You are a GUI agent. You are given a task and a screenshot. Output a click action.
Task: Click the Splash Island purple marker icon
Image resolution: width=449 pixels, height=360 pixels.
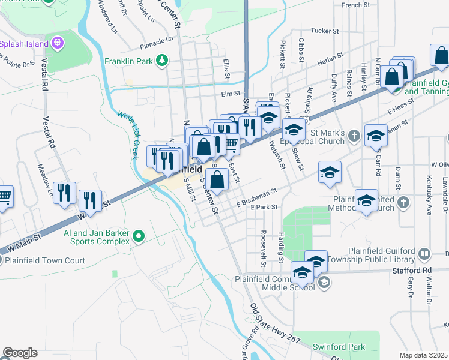coord(58,43)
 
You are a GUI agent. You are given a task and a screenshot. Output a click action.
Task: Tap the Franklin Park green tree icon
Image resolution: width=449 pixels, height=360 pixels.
coord(161,60)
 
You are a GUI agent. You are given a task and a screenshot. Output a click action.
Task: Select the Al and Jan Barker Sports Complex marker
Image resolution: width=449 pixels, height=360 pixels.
coord(139,236)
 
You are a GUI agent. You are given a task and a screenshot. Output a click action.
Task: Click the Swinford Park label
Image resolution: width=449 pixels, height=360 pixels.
coord(339,347)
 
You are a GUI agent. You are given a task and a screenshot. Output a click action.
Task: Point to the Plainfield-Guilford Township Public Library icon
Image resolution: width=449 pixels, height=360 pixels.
coord(425,254)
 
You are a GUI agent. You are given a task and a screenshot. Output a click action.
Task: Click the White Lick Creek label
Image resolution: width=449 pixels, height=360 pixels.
coord(128,135)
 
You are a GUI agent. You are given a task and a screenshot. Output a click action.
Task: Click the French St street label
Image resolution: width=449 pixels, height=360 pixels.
coord(355,5)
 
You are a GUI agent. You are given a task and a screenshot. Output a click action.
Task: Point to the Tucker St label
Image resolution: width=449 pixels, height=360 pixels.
coord(325,30)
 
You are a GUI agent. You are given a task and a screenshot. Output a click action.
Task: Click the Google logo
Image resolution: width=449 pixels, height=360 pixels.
coord(20,353)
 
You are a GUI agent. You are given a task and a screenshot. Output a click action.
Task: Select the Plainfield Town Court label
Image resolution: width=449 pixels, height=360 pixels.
coord(46,260)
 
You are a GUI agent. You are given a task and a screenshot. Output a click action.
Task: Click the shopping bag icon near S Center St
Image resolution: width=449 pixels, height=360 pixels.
coord(217,179)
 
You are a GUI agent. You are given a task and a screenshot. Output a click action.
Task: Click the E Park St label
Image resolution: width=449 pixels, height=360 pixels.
coord(264,207)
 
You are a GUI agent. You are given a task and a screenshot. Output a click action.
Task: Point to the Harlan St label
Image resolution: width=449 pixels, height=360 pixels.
coord(330,55)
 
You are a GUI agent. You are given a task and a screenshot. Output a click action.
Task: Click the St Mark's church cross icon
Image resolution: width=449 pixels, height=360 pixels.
coord(355,136)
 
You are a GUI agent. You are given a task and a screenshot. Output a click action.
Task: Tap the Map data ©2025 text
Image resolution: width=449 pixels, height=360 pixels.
coord(423,355)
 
